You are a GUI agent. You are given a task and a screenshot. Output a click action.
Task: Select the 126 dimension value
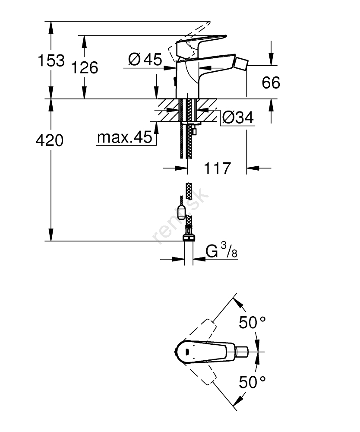pos(85,67)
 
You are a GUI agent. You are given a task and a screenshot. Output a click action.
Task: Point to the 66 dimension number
pos(271,83)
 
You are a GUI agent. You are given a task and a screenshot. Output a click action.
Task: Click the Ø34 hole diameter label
pos(237,117)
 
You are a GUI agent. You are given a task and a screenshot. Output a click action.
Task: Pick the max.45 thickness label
pos(125,138)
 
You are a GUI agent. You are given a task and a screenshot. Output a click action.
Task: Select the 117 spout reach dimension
pos(217,168)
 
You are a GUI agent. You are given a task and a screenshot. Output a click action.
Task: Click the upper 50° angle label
pos(252,323)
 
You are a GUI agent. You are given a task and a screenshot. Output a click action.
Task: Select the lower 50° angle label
pos(252,381)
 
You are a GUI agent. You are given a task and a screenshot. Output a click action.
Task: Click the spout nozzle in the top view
pos(241,352)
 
